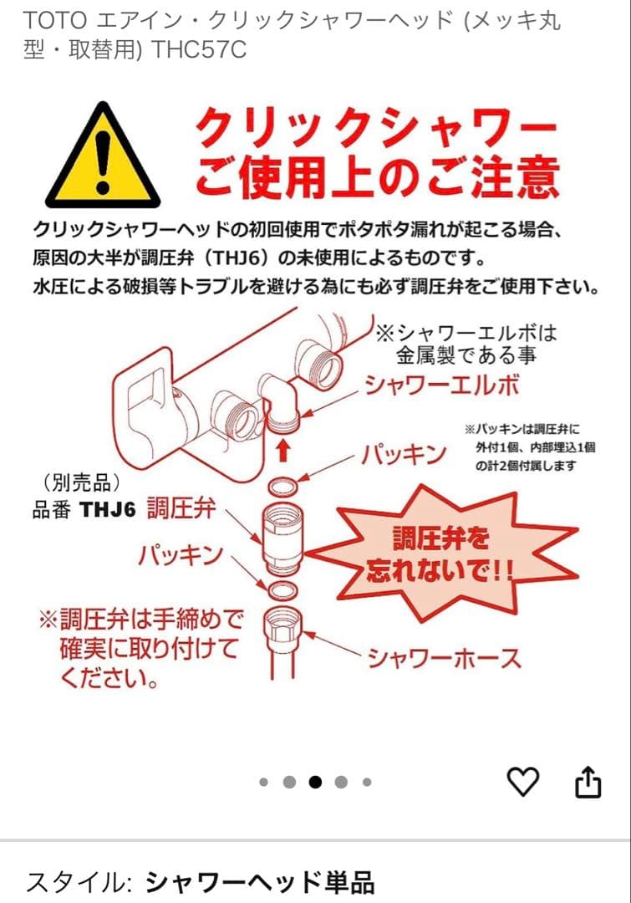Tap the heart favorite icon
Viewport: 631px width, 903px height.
(524, 782)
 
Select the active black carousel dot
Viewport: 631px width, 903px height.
(315, 783)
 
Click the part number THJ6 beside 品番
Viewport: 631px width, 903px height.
(107, 510)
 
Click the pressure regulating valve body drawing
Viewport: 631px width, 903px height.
(283, 539)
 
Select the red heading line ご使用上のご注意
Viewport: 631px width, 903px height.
(376, 179)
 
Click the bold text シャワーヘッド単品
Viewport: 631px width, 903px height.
(259, 882)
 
